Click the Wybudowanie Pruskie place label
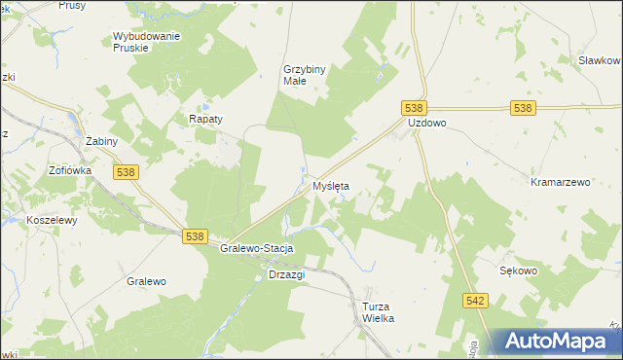coord(146,42)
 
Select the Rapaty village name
coord(205,119)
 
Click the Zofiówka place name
coord(70,169)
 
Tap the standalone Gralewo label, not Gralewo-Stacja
coord(146,281)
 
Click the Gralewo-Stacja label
coord(257,249)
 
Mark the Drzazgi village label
coord(286,274)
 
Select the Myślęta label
coord(330,185)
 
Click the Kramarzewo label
coord(561,182)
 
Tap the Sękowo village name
coord(518,271)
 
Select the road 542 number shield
coord(475,303)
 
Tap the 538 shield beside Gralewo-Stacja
coord(195,236)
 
